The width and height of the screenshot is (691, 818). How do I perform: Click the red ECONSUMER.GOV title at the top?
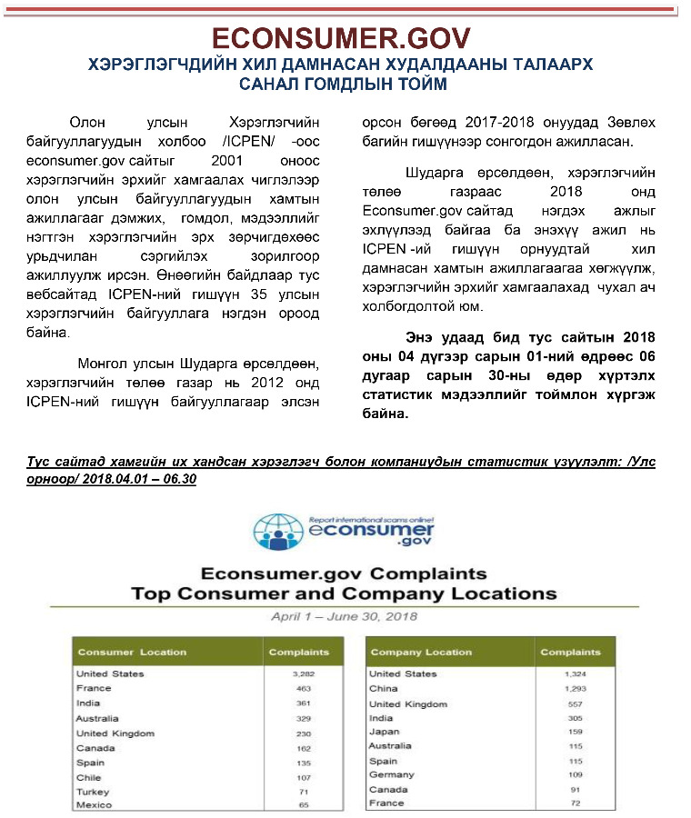click(x=341, y=37)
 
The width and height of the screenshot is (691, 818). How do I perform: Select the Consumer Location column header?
click(x=132, y=652)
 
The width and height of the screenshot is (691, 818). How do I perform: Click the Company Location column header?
click(x=421, y=652)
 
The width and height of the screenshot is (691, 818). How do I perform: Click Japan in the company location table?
click(x=383, y=732)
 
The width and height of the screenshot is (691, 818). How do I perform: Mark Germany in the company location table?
click(x=391, y=775)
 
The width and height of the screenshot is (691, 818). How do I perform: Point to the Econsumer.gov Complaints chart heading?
click(x=344, y=574)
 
